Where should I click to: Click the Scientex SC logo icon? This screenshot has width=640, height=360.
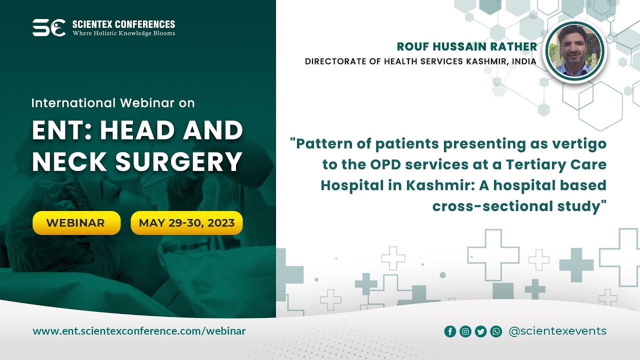tap(48, 27)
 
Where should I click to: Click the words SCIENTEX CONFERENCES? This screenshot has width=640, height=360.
tap(123, 24)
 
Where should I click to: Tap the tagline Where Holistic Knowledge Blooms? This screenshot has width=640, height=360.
tap(123, 33)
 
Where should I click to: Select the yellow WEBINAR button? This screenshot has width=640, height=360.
tap(76, 223)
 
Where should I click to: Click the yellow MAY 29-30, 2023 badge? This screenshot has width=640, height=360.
tap(186, 223)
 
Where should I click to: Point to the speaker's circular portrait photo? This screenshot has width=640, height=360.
tap(573, 52)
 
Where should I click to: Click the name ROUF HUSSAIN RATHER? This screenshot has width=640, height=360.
tap(466, 47)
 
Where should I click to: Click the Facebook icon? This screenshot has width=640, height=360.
tap(450, 331)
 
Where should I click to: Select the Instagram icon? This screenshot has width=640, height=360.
tap(465, 331)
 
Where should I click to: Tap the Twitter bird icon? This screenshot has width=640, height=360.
tap(480, 331)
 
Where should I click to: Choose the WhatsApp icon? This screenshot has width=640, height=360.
tap(496, 331)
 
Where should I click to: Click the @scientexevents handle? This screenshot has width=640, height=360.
tap(557, 331)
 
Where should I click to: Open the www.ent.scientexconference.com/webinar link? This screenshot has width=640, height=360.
tap(139, 331)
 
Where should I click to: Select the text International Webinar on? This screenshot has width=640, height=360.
tap(112, 103)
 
